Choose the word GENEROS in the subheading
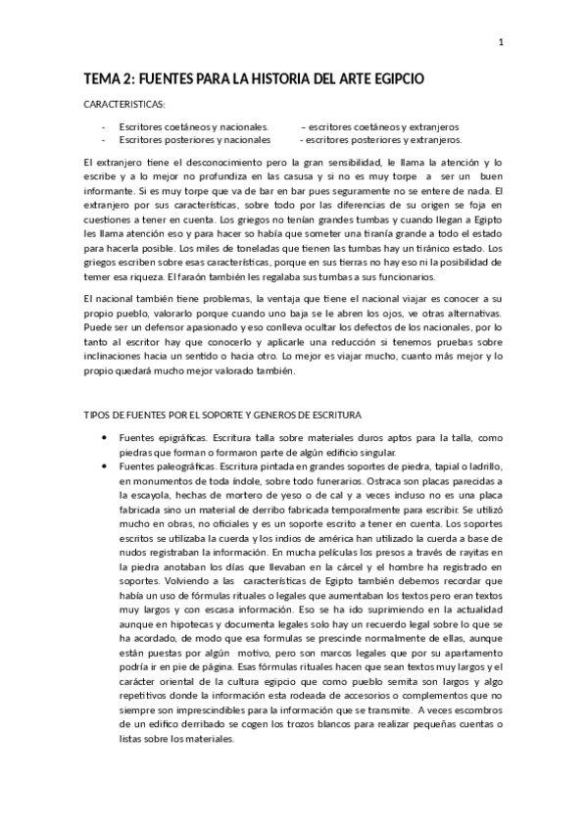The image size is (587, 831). tap(308, 415)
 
